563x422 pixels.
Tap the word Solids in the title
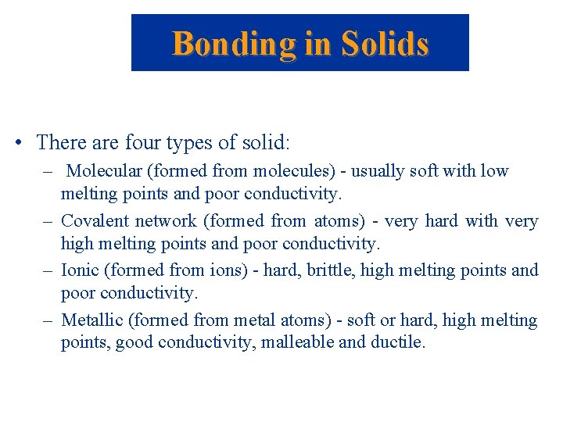coord(383,44)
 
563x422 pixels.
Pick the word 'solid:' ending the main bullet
coord(266,142)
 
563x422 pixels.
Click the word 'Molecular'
coord(107,171)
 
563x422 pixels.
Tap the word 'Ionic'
coord(80,270)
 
